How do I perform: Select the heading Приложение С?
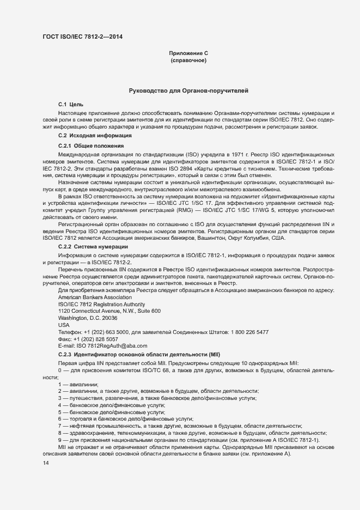point(188,53)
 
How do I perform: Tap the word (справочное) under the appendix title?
point(188,60)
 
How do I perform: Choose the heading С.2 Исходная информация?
point(94,135)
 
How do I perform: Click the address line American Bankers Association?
point(95,297)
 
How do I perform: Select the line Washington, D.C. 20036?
point(87,318)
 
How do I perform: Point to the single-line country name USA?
point(64,325)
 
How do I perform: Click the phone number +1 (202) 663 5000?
point(106,332)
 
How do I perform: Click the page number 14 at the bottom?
point(45,463)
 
